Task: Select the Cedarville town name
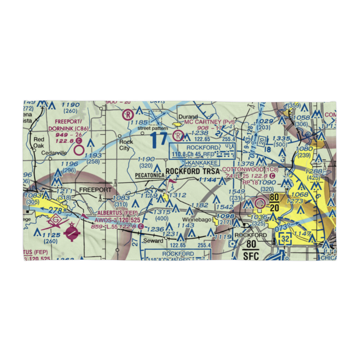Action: tap(54, 153)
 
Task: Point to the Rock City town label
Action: tap(126, 144)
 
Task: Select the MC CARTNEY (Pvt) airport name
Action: tap(209, 122)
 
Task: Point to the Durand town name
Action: tap(189, 117)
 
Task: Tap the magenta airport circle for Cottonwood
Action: tap(259, 204)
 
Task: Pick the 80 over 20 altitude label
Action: tap(274, 202)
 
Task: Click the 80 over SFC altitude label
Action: tap(251, 249)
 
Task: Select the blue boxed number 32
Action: tap(285, 239)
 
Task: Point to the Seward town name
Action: tap(151, 240)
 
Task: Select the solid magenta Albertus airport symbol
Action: tap(72, 234)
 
